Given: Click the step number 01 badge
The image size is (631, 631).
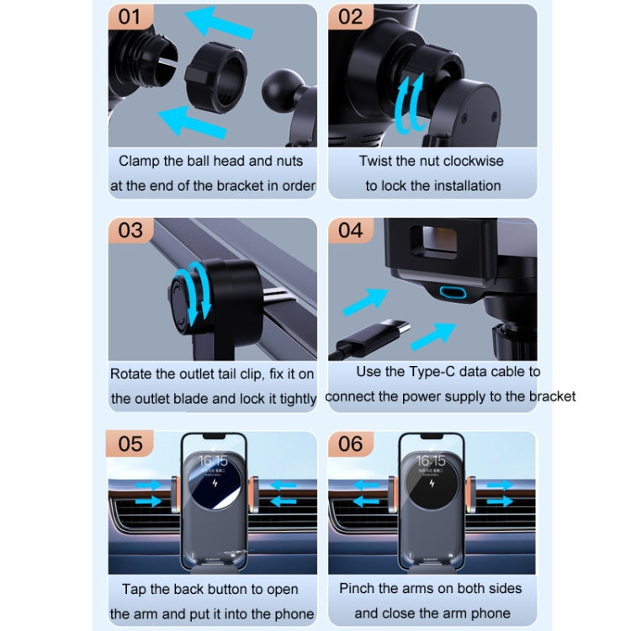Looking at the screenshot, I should click(130, 17).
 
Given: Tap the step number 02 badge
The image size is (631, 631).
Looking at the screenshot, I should click(350, 17).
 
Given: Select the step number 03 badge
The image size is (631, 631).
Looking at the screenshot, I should click(130, 230).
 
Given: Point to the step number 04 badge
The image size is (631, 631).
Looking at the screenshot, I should click(350, 230).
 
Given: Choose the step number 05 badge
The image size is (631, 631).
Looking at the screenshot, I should click(130, 443).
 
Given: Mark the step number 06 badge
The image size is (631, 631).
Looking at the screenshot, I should click(350, 443).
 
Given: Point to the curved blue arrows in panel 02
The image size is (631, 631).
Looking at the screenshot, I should click(411, 104).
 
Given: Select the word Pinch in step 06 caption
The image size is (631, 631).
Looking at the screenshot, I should click(358, 588).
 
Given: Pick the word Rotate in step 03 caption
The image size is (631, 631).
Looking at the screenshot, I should click(130, 374).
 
